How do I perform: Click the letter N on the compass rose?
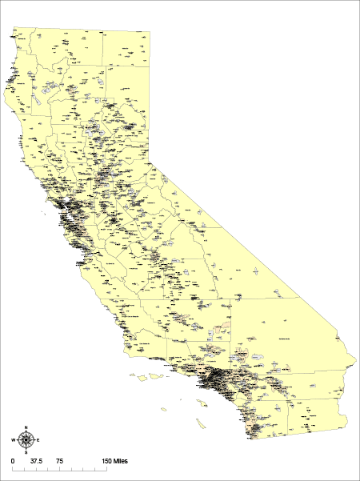[x=26, y=428]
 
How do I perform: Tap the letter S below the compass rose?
[x=26, y=451]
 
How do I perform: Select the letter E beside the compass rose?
[x=38, y=440]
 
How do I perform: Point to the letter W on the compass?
[x=14, y=440]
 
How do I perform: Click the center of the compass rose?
[x=26, y=440]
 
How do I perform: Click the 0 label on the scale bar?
[x=13, y=463]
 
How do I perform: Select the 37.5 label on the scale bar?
[x=35, y=463]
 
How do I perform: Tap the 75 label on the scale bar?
[x=60, y=463]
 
